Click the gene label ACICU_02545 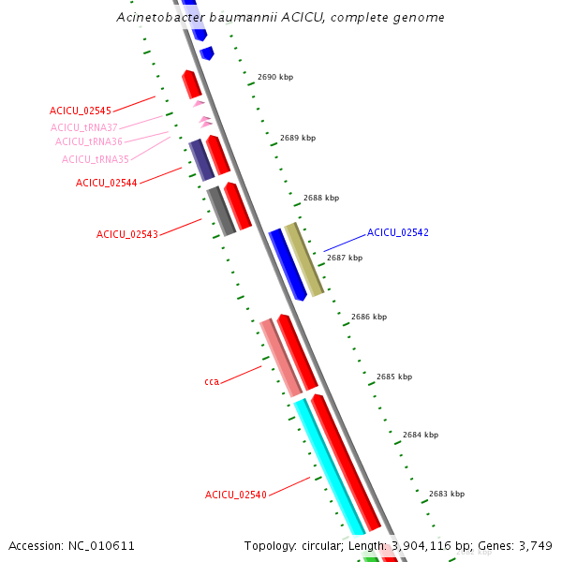(81, 111)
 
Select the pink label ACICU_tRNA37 (84, 127)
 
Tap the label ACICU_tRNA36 (89, 141)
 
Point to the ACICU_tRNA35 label (96, 159)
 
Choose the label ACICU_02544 (107, 183)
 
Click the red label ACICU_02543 (127, 234)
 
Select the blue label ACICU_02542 (398, 232)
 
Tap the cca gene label (212, 382)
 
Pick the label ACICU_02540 (236, 495)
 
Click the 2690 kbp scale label (275, 77)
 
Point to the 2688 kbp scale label (321, 198)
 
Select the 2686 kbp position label (369, 317)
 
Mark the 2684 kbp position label (421, 435)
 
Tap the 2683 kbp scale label (447, 494)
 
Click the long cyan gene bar (330, 466)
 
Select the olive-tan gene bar (303, 259)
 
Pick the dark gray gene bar (221, 212)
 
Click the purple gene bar (201, 160)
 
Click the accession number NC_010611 (101, 546)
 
